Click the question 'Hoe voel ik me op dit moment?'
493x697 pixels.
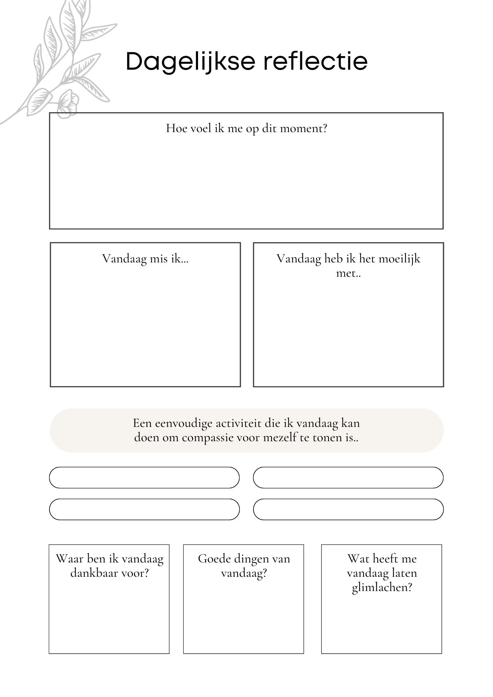246,129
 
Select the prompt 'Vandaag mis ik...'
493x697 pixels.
145,259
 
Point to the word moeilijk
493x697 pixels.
400,259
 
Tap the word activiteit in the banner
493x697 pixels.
238,423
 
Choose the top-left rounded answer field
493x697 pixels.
144,477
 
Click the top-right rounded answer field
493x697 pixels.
348,477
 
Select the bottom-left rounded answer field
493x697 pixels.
144,509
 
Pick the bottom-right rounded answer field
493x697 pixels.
348,509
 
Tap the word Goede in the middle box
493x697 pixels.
214,559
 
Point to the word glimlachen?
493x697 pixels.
382,588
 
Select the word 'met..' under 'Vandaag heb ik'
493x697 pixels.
348,273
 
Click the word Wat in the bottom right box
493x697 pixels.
357,559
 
